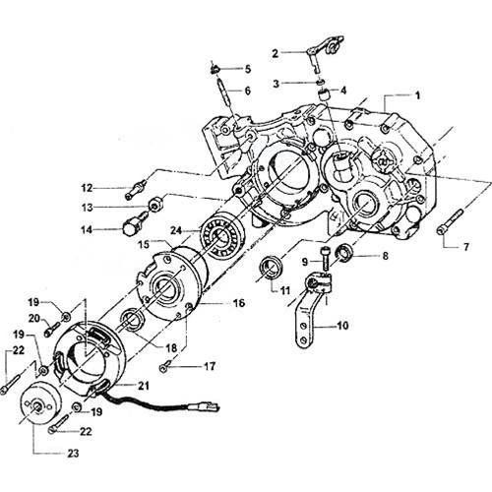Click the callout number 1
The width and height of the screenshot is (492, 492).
[417, 96]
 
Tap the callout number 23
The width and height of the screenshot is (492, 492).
[73, 453]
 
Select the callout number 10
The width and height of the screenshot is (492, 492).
[342, 326]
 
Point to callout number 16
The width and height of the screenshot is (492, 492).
[239, 303]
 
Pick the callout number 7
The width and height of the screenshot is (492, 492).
[466, 247]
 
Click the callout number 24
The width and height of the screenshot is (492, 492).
[176, 230]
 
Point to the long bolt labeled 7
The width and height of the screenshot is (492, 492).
[450, 221]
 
